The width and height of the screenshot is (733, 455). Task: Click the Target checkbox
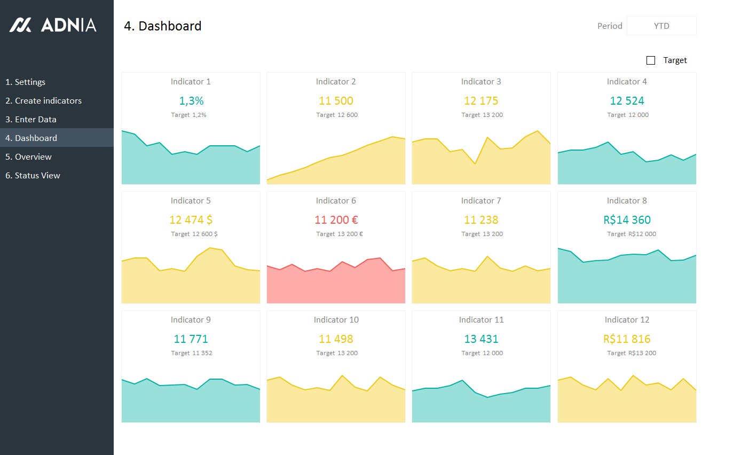[651, 60]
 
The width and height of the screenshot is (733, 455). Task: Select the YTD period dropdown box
[661, 26]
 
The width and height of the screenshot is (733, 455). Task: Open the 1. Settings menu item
[25, 82]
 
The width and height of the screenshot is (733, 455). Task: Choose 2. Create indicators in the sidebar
[44, 100]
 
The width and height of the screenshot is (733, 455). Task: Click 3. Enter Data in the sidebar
[31, 119]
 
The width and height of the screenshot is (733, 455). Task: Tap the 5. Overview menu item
[28, 157]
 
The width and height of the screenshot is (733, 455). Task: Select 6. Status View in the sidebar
[33, 176]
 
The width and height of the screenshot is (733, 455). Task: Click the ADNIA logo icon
[20, 25]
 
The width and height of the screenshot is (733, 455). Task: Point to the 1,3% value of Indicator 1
[191, 101]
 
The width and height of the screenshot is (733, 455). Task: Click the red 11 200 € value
[336, 219]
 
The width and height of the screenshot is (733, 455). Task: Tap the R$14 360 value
[627, 219]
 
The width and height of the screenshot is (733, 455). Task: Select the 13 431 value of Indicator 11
[481, 339]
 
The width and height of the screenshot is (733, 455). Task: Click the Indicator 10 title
[336, 319]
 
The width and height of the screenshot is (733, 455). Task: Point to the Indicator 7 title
[481, 200]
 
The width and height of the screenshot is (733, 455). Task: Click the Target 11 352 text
[192, 353]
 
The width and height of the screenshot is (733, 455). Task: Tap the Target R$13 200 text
[632, 353]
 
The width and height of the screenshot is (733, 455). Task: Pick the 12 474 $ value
[191, 219]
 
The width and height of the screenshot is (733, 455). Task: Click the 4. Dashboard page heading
[163, 26]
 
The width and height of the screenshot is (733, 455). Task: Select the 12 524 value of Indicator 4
[627, 101]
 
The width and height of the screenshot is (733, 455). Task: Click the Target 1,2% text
[188, 115]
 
